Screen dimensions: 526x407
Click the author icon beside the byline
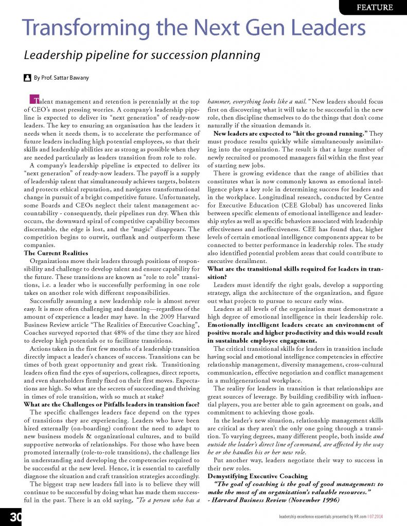point(27,79)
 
